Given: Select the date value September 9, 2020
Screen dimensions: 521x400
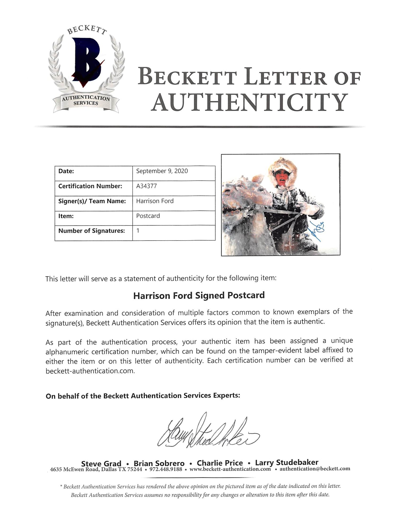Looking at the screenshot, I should [162, 171].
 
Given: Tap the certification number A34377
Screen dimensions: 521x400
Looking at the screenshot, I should [146, 186].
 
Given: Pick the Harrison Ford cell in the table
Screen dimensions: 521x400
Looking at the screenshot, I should [155, 201].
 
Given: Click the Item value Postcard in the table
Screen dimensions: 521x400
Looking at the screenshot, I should [148, 216].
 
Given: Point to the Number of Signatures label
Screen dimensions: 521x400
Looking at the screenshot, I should [91, 231].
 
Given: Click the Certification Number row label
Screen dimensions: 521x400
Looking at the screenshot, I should [90, 186].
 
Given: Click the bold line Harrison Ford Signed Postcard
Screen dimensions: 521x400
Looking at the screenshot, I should [199, 295].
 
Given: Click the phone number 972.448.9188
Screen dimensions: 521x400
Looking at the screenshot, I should [166, 469].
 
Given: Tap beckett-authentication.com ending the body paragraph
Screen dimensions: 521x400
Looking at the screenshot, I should [90, 371].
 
